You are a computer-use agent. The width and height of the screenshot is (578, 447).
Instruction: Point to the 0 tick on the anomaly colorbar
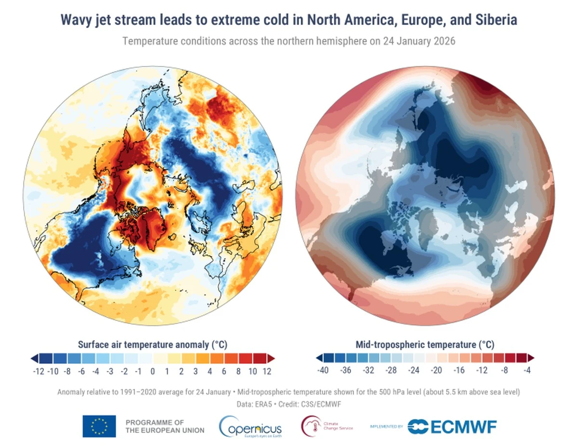tap(152, 371)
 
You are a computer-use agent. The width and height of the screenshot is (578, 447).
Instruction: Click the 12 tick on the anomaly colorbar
tap(267, 371)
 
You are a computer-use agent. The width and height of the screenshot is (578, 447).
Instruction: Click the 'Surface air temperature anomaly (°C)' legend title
tap(152, 345)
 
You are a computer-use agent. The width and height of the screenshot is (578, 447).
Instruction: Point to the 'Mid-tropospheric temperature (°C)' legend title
tap(425, 345)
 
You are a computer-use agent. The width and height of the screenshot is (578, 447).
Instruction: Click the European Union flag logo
tap(99, 426)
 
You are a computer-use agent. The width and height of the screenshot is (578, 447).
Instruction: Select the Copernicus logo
tap(250, 426)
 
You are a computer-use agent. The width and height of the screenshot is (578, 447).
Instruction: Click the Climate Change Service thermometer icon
tap(309, 425)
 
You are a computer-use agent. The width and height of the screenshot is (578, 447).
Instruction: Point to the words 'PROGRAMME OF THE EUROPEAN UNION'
tap(165, 426)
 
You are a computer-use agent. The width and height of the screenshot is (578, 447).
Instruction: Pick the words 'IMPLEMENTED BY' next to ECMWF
tap(386, 426)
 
